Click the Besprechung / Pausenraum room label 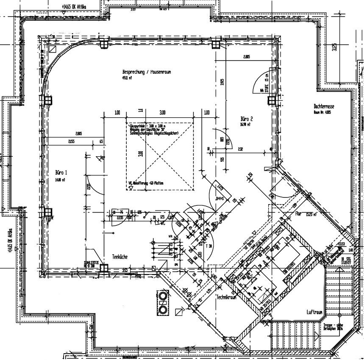point(146,72)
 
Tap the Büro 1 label point(61,173)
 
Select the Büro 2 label point(246,119)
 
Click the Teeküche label point(120,257)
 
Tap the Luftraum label point(315,312)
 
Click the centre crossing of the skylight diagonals point(160,155)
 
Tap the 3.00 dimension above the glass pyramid point(162,113)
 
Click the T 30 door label point(208,246)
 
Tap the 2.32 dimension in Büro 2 point(240,149)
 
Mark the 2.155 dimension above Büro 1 point(71,141)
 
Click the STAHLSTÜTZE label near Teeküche point(92,263)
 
